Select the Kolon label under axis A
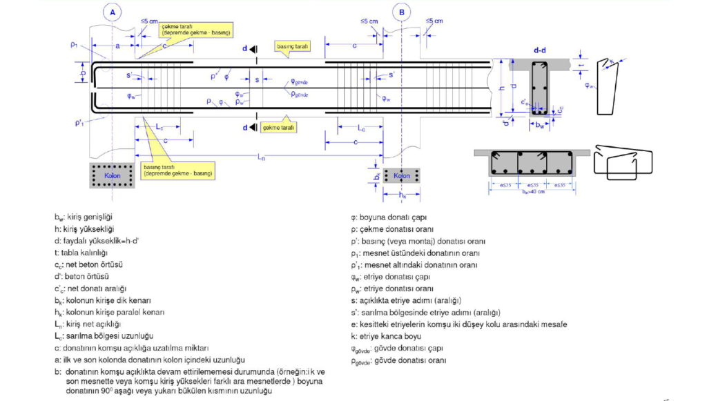coord(112,175)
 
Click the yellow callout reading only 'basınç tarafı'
coord(291,46)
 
